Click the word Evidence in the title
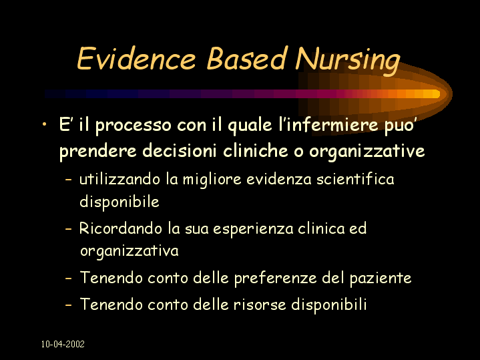pos(136,58)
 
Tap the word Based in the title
pos(247,58)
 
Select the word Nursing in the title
pos(348,61)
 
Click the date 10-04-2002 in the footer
pos(63,344)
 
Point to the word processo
pos(133,126)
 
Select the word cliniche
pos(256,150)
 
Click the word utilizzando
pos(119,179)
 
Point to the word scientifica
pos(355,179)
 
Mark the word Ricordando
pos(121,228)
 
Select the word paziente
pos(381,279)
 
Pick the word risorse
pos(260,305)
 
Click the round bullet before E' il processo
pos(45,124)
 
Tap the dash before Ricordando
pos(69,228)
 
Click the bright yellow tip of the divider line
pos(435,94)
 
